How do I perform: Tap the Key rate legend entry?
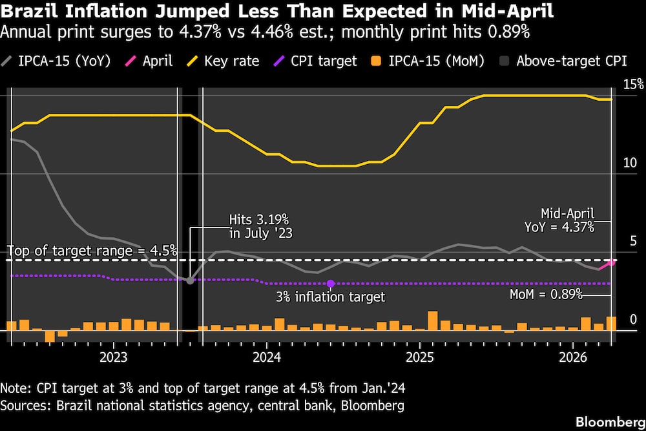(x=222, y=61)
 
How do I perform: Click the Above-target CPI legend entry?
(x=563, y=61)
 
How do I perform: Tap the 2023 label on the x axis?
(x=114, y=357)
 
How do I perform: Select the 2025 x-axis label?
(x=419, y=357)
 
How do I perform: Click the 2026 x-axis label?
(x=573, y=357)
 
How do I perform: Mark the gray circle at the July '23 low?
(x=190, y=280)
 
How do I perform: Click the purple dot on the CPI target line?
(x=331, y=284)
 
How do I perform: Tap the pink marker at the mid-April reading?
(x=611, y=262)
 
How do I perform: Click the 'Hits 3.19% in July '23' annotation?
(x=261, y=227)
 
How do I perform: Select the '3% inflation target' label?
(x=330, y=297)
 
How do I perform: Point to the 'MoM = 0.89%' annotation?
(x=547, y=295)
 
